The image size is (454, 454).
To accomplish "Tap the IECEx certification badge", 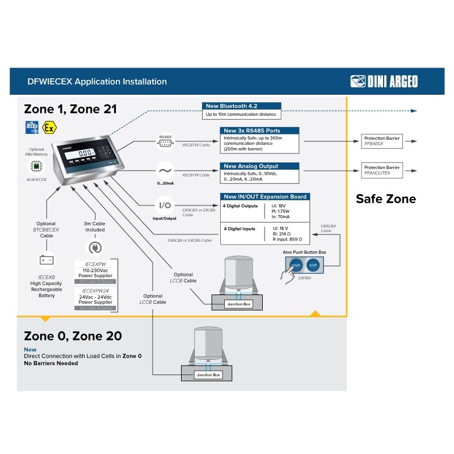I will click(x=32, y=127).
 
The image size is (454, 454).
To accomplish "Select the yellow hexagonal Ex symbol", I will click(x=49, y=127).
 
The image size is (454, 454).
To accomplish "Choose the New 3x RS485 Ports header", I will click(x=259, y=131).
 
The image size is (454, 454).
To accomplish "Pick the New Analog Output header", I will click(x=259, y=166).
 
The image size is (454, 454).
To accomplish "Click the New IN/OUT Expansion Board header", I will click(x=265, y=197).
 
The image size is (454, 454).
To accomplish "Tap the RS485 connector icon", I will click(x=165, y=142).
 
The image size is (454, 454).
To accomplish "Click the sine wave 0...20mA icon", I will click(x=165, y=170).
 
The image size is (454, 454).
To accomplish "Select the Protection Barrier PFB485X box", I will click(x=382, y=141).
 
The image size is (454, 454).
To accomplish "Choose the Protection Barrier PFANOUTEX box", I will click(x=382, y=170).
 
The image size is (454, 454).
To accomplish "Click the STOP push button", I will click(x=313, y=265).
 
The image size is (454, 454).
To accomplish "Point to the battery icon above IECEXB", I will click(x=46, y=260).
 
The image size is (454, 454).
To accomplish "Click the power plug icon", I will click(x=94, y=248).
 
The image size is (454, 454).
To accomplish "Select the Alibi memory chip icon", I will click(x=36, y=165).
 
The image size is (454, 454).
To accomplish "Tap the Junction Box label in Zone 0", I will click(x=208, y=375).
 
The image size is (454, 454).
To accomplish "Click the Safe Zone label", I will click(x=385, y=199).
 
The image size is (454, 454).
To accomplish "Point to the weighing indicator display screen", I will click(x=86, y=153).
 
